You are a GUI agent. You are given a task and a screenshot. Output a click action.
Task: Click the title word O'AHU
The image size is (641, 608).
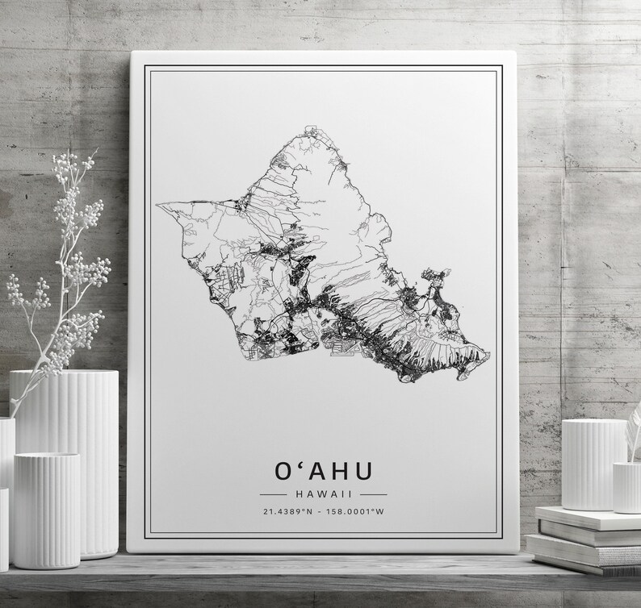[x=321, y=470]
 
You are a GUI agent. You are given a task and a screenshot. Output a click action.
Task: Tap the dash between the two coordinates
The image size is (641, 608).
[x=320, y=510]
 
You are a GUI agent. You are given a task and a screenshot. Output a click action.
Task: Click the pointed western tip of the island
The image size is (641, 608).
[x=157, y=203]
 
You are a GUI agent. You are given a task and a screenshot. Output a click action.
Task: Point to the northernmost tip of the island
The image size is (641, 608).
[x=308, y=127]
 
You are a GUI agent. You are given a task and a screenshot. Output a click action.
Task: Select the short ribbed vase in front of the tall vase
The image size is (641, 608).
[x=46, y=508]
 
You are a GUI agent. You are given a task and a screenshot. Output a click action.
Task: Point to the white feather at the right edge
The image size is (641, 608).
[x=635, y=423]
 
